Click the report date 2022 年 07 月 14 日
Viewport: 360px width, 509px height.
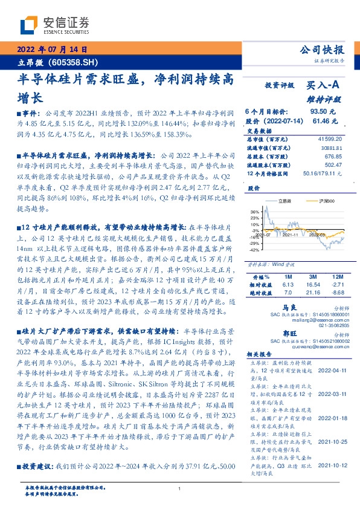tap(56, 50)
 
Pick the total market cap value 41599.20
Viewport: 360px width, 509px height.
tap(329, 139)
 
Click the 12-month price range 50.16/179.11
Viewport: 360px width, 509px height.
tap(325, 173)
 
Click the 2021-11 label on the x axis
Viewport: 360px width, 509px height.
tap(291, 243)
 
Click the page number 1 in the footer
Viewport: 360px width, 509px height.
tap(180, 488)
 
